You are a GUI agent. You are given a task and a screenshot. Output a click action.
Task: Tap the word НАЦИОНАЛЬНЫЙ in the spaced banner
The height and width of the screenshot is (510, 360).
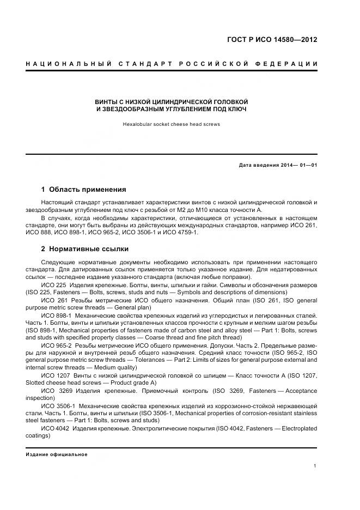(x=69, y=65)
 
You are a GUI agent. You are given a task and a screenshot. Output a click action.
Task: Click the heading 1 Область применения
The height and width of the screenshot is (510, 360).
(x=83, y=190)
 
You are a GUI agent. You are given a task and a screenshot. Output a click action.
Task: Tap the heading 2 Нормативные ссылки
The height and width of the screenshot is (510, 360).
(x=84, y=249)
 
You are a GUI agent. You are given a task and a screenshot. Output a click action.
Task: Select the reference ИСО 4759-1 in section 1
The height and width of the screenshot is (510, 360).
(x=182, y=233)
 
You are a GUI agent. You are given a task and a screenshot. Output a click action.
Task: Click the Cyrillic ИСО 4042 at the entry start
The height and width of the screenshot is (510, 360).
(x=52, y=428)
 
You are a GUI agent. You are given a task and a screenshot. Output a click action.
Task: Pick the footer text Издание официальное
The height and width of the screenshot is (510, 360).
(x=56, y=454)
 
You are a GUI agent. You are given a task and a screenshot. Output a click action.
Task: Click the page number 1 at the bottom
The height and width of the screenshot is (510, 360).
(x=315, y=465)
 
